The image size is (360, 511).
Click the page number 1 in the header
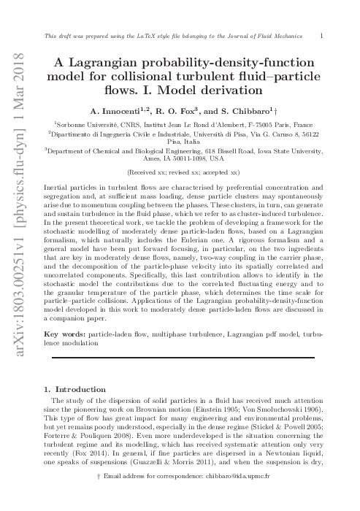tap(323, 35)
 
